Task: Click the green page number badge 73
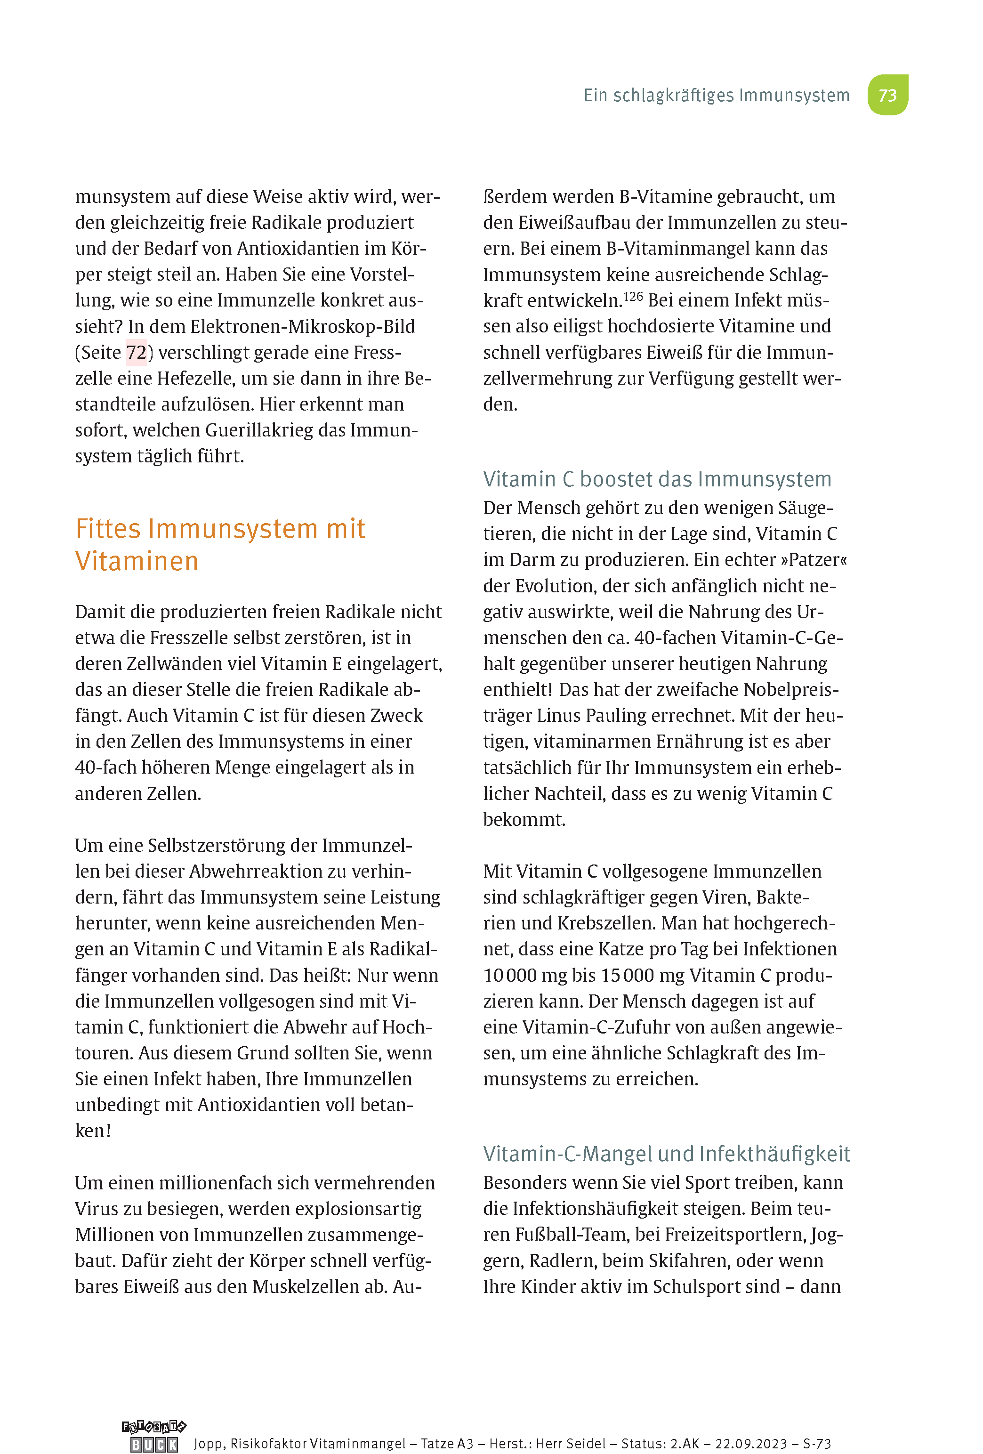click(x=887, y=95)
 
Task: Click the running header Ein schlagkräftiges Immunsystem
click(x=717, y=95)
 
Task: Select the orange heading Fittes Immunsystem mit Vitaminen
click(x=220, y=544)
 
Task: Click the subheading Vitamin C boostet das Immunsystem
click(x=657, y=479)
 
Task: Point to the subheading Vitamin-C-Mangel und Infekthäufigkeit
click(x=666, y=1154)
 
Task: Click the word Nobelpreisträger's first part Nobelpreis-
click(x=791, y=689)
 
